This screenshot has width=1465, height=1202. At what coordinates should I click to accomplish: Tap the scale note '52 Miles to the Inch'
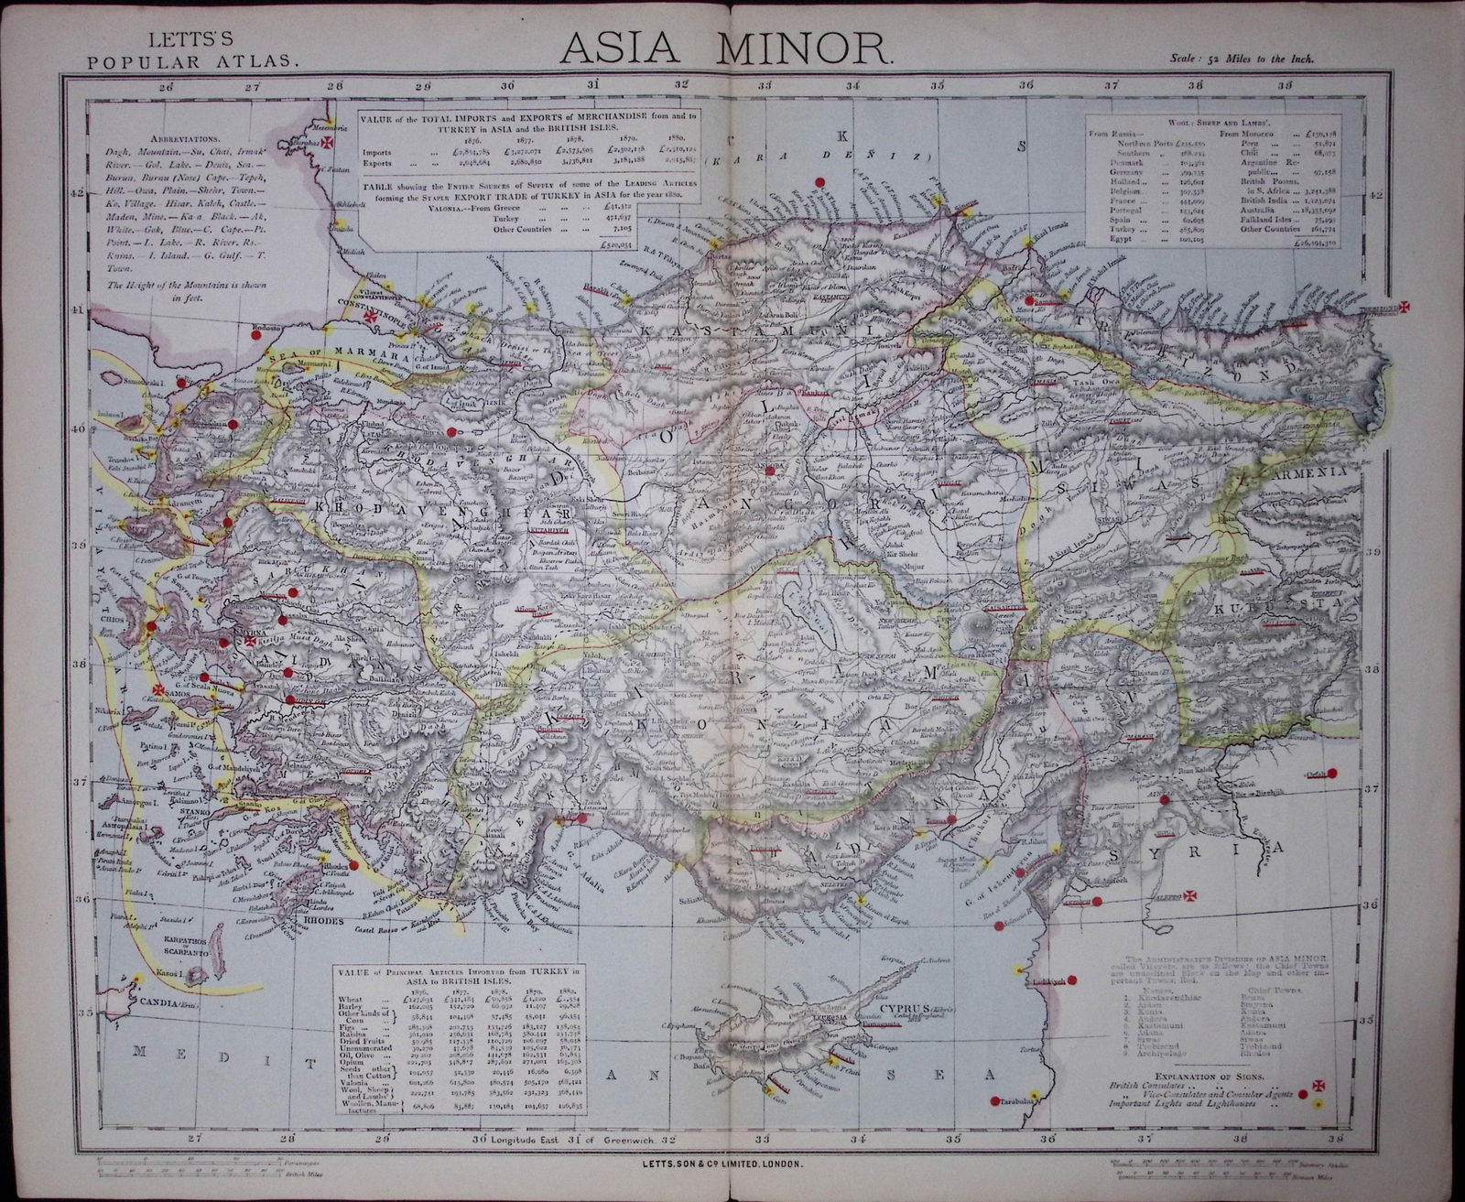pos(1243,60)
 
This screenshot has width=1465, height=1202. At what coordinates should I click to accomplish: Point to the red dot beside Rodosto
pos(255,336)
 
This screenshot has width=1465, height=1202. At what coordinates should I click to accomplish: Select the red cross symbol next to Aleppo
pos(1190,870)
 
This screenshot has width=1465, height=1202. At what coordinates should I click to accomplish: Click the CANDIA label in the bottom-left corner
pos(136,1004)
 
